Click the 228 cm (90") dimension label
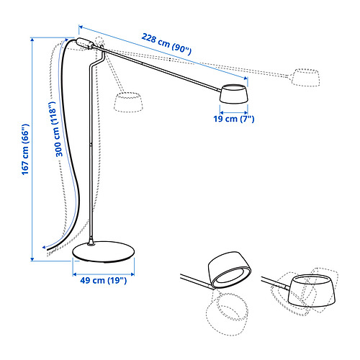(166, 44)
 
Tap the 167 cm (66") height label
(25, 150)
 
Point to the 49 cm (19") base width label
(103, 280)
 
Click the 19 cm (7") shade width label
(234, 119)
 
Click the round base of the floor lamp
(104, 251)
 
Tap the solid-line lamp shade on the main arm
(234, 94)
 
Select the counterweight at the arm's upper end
(84, 43)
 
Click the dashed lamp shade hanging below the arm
(128, 102)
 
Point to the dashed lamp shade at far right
(306, 78)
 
